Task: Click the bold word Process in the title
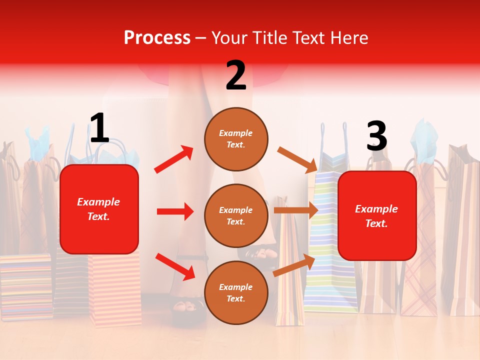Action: (x=157, y=38)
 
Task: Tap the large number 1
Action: (x=99, y=128)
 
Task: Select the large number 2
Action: (x=236, y=75)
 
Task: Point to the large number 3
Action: (x=376, y=136)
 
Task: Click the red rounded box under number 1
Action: (x=99, y=209)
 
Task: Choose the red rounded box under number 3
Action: (x=377, y=215)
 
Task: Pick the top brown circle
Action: (x=236, y=139)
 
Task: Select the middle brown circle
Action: (x=236, y=215)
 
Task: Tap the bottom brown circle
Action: (x=236, y=292)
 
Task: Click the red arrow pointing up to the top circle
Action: (x=174, y=159)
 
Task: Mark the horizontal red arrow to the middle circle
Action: (x=175, y=211)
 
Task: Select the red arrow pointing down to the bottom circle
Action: (x=175, y=266)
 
